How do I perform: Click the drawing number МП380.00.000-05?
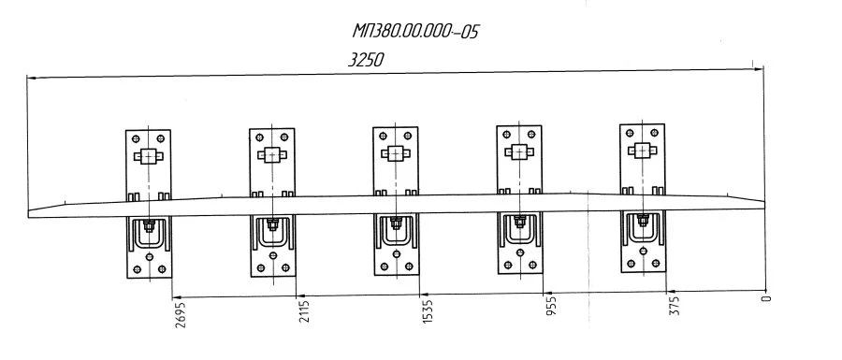click(x=415, y=32)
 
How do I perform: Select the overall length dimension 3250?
click(x=366, y=60)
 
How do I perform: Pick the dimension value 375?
click(x=675, y=305)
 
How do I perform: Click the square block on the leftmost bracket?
click(x=148, y=156)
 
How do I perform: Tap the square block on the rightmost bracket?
click(x=642, y=151)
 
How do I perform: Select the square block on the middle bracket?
click(x=395, y=153)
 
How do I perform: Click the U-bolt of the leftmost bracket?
click(x=150, y=234)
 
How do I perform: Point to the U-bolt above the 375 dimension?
click(x=643, y=228)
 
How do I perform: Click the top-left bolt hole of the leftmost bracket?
click(x=136, y=138)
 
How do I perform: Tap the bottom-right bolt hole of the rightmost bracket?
click(x=656, y=264)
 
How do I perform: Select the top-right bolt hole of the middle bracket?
click(x=408, y=136)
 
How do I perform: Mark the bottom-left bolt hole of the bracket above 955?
click(x=508, y=265)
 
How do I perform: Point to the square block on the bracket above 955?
click(x=518, y=151)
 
